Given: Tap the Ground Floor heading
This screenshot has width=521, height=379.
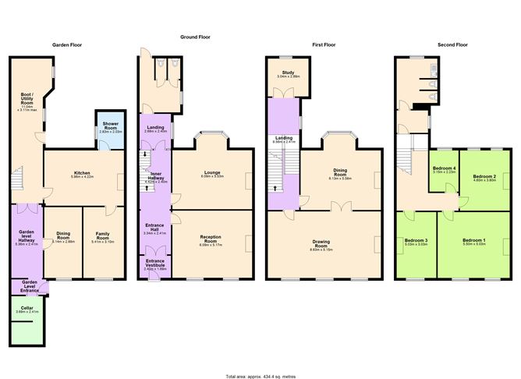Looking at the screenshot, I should tap(196, 37).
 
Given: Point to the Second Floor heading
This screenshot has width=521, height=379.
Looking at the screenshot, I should tap(453, 46).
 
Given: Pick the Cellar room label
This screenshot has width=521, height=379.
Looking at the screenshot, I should tap(27, 310).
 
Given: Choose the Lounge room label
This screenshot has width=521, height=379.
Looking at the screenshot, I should tap(212, 175).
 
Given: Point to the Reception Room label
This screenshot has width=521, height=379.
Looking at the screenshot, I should tap(212, 243).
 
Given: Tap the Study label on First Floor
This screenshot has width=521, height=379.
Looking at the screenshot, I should tap(289, 74).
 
